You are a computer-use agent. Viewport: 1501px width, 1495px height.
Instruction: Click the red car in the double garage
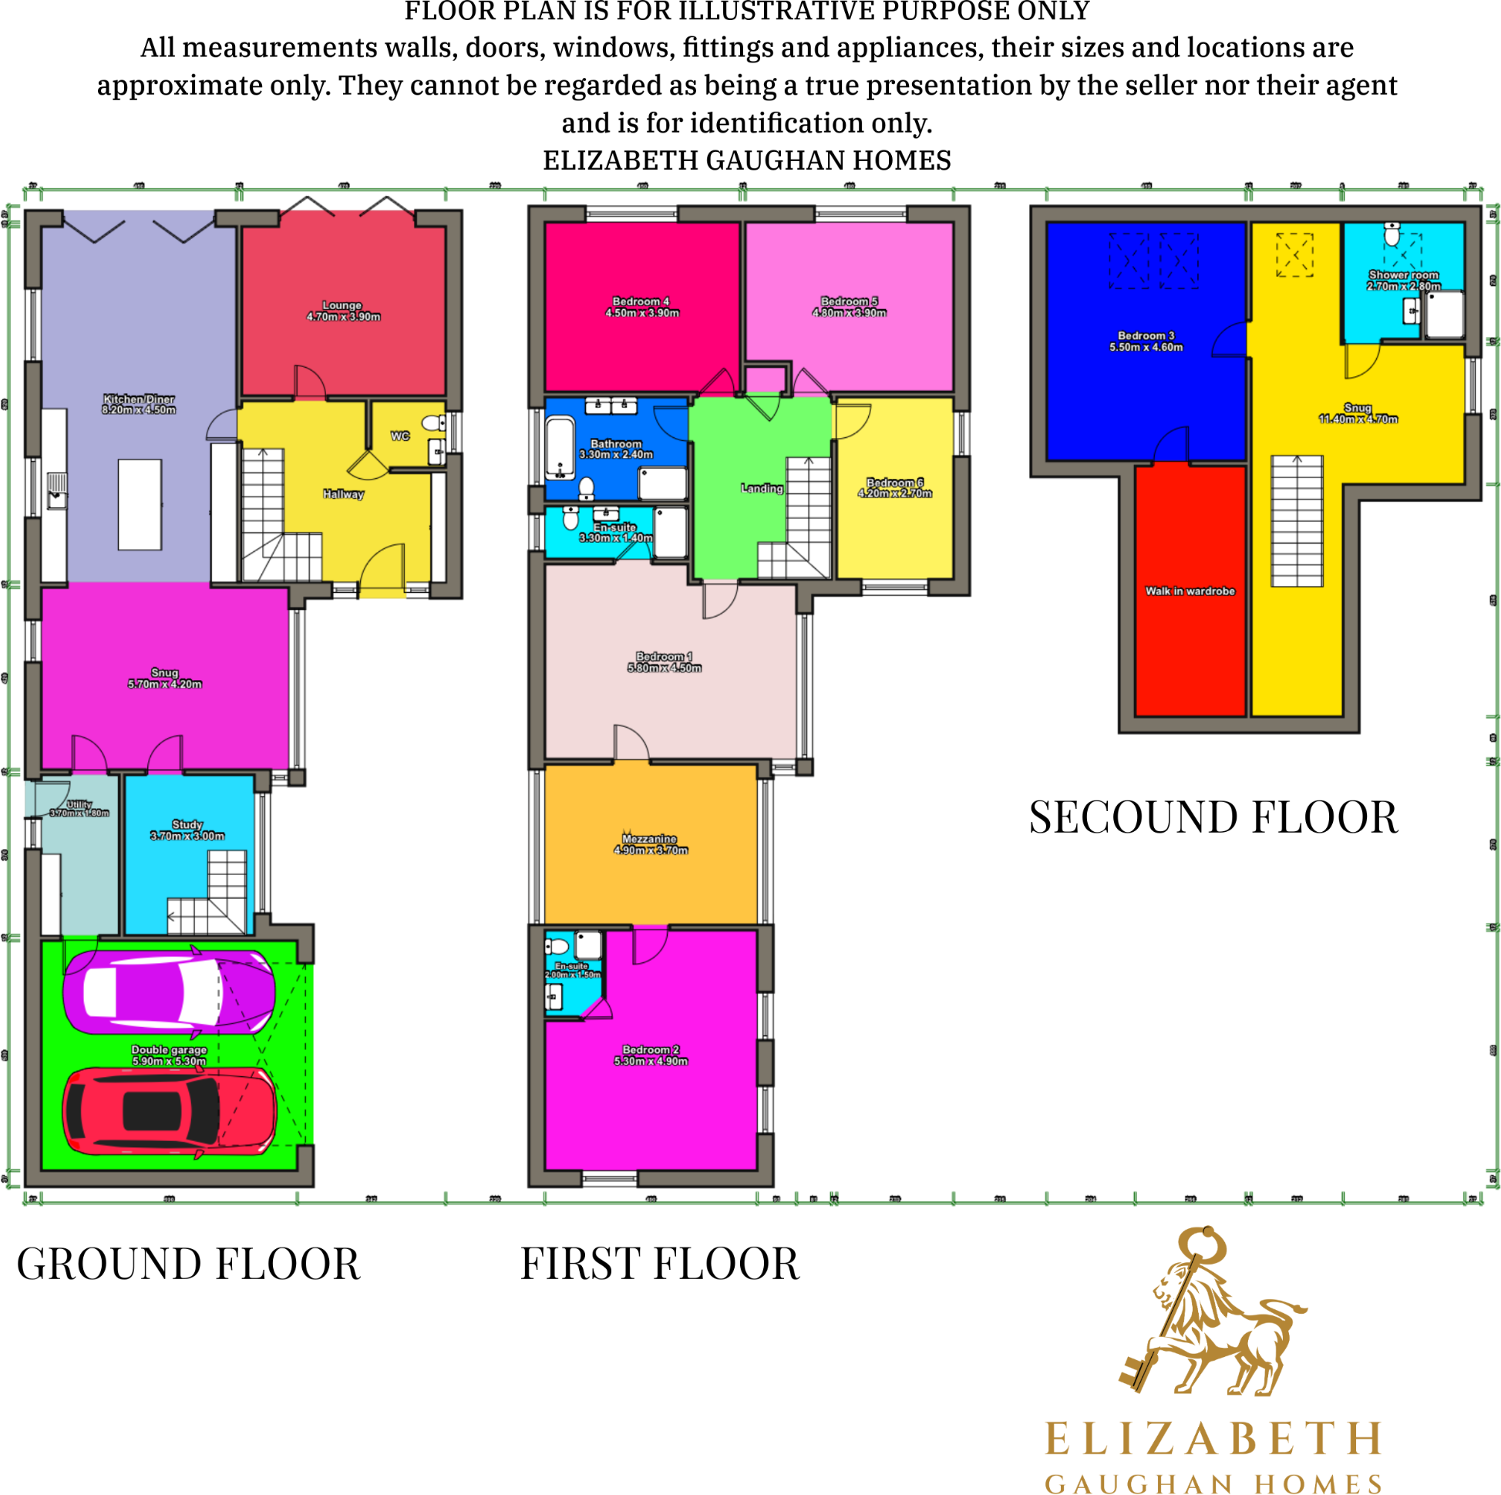coord(170,1112)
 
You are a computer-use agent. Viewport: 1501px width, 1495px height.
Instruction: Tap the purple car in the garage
coord(169,992)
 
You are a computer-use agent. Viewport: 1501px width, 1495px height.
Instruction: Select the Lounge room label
coord(342,305)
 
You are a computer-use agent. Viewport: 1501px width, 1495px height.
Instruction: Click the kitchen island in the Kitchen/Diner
coord(140,504)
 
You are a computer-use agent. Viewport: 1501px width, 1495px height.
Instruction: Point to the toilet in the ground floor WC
coord(432,423)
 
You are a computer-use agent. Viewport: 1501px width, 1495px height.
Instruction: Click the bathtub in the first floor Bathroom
coord(560,447)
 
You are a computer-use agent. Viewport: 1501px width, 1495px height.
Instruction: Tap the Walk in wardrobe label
coord(1190,591)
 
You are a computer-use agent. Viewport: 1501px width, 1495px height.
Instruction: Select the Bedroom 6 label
coord(895,483)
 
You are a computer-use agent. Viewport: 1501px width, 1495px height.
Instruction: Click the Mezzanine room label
coord(649,839)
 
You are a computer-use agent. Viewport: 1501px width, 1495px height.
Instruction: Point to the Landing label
coord(762,488)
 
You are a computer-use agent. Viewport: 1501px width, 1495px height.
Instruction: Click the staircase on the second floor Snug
coord(1296,520)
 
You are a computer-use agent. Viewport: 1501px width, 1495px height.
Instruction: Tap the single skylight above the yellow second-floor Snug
coord(1294,255)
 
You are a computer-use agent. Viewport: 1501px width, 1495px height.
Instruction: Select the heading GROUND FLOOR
coord(189,1264)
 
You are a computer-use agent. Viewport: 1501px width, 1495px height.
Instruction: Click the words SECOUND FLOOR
coord(1213,817)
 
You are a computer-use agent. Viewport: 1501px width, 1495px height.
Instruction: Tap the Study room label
coord(187,824)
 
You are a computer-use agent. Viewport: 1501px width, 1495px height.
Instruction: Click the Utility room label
coord(79,805)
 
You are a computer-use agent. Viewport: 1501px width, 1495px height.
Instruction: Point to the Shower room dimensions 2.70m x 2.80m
coord(1403,286)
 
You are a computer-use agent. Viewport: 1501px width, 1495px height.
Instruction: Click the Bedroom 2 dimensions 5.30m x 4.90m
coord(651,1061)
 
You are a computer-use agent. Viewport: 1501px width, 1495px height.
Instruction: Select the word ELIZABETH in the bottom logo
coord(1213,1438)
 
